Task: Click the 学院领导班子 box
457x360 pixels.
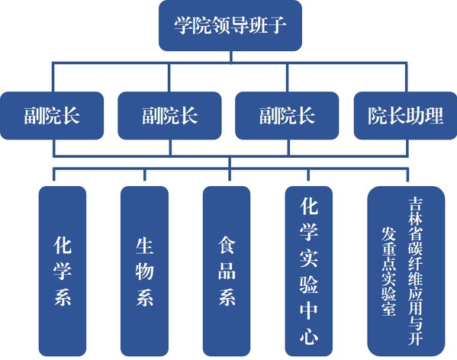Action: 230,26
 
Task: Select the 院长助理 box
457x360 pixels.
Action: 405,116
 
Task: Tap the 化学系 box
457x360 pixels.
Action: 63,271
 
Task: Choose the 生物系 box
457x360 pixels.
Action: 144,271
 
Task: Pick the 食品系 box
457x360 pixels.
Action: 227,271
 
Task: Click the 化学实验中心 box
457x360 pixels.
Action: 309,271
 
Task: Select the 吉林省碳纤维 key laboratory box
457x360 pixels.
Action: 406,271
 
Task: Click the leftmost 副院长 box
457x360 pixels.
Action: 52,116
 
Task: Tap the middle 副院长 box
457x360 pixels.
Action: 169,116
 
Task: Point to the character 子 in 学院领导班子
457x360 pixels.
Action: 277,25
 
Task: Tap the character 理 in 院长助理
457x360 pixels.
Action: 434,116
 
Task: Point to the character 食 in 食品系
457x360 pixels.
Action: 227,246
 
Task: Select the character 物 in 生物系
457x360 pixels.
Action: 144,271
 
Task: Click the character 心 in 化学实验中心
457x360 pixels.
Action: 309,337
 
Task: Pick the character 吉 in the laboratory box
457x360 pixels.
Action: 415,204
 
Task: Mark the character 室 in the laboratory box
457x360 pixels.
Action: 388,309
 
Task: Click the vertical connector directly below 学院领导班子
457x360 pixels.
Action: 231,56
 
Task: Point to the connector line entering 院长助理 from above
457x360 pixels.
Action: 406,78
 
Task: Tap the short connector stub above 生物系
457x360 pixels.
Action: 144,175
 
